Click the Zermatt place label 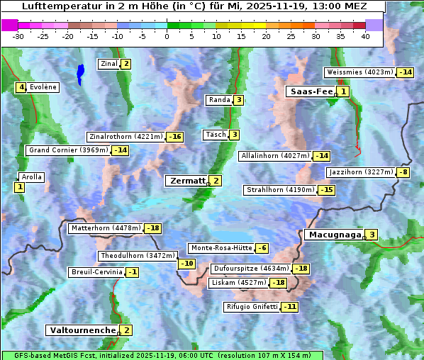point(186,181)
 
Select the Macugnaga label point(333,235)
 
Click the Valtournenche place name point(82,330)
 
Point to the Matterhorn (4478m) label point(105,228)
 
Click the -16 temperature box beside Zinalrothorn point(174,137)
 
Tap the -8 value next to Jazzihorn point(403,172)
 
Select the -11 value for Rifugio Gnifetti point(289,307)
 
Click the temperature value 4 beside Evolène point(21,87)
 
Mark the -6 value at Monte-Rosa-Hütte point(262,248)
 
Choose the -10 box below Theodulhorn point(186,264)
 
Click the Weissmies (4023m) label point(359,72)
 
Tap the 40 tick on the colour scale point(365,36)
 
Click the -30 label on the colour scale point(19,36)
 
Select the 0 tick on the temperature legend point(167,36)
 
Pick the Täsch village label point(215,135)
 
